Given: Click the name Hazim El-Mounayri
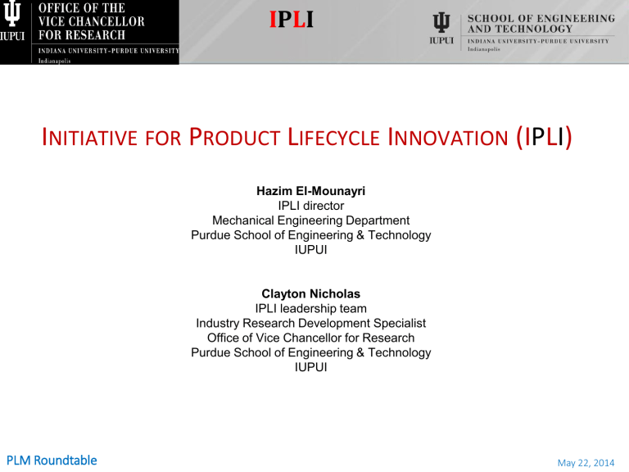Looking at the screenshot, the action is click(311, 191).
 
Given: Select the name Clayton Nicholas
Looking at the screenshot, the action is click(311, 294).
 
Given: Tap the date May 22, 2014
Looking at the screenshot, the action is click(586, 463).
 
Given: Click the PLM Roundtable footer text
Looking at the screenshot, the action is click(52, 461).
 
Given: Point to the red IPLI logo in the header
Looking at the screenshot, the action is click(292, 20).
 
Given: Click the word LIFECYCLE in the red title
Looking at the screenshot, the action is click(334, 138).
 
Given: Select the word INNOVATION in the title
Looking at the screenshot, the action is click(448, 138).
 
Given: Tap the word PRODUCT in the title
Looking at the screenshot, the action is click(235, 138).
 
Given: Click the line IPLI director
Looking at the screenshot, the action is click(311, 206).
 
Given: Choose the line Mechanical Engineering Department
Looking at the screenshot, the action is click(311, 220).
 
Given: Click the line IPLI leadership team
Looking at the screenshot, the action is click(311, 309).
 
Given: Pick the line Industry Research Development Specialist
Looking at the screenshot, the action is click(311, 323).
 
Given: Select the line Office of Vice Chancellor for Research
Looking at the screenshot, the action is click(311, 338).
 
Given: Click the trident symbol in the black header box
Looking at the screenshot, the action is click(12, 13).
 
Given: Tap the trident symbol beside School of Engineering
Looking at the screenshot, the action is click(441, 22).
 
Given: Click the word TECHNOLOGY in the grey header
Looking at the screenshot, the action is click(534, 29).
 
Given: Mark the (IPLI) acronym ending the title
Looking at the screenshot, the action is click(545, 138).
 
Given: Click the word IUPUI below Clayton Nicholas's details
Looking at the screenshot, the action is click(311, 367).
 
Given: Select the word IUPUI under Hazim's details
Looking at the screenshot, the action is click(311, 250).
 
